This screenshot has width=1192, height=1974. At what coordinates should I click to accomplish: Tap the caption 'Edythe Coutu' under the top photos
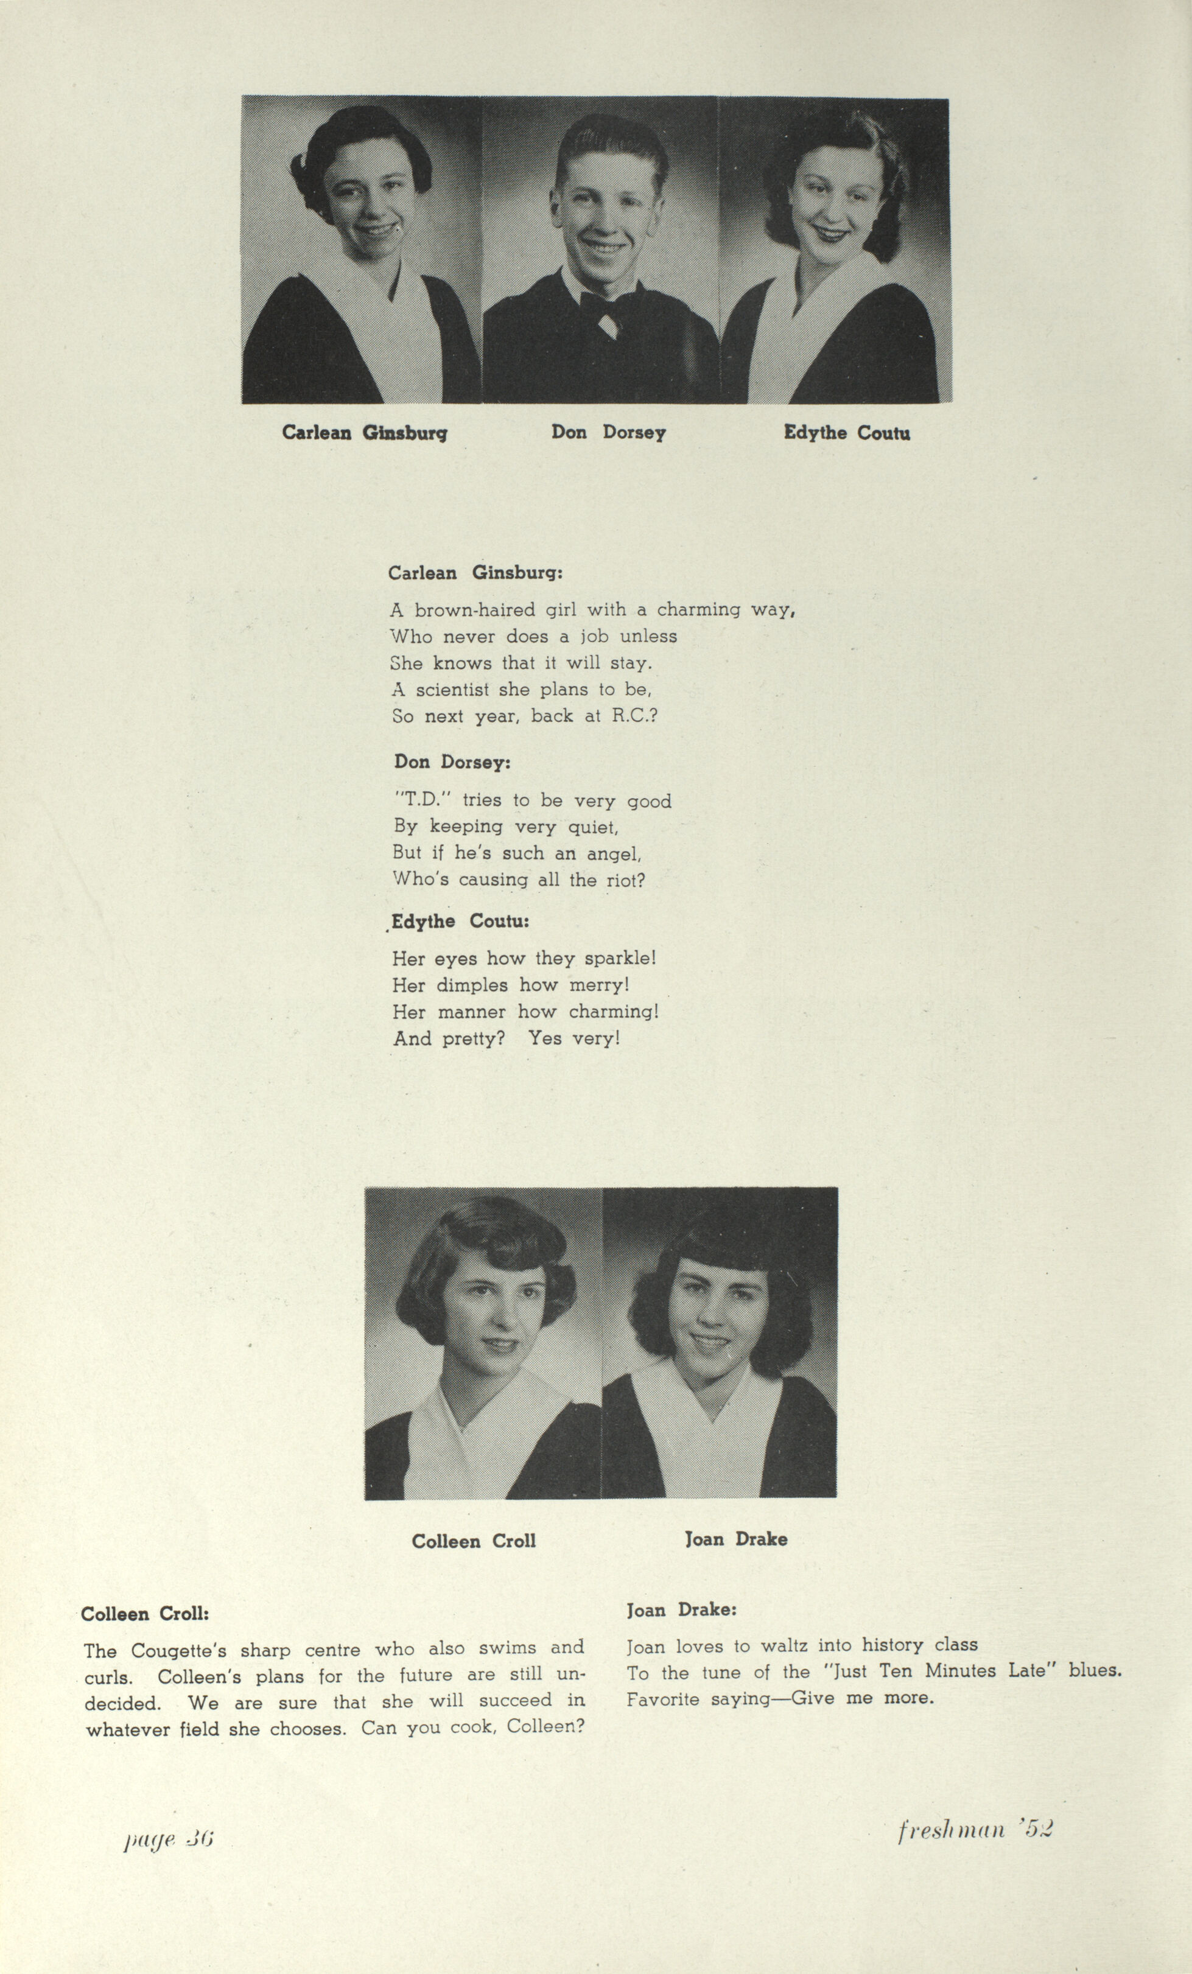tap(847, 433)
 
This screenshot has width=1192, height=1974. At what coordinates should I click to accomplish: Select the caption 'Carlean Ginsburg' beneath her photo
tap(365, 433)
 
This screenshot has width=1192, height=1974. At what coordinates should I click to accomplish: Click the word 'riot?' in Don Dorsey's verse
tap(626, 880)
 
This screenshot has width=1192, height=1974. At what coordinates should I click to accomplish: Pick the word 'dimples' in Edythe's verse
tap(472, 985)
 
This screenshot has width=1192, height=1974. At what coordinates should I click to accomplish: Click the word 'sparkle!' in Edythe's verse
tap(621, 958)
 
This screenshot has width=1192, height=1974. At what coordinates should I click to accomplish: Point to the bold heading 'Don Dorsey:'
tap(452, 762)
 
